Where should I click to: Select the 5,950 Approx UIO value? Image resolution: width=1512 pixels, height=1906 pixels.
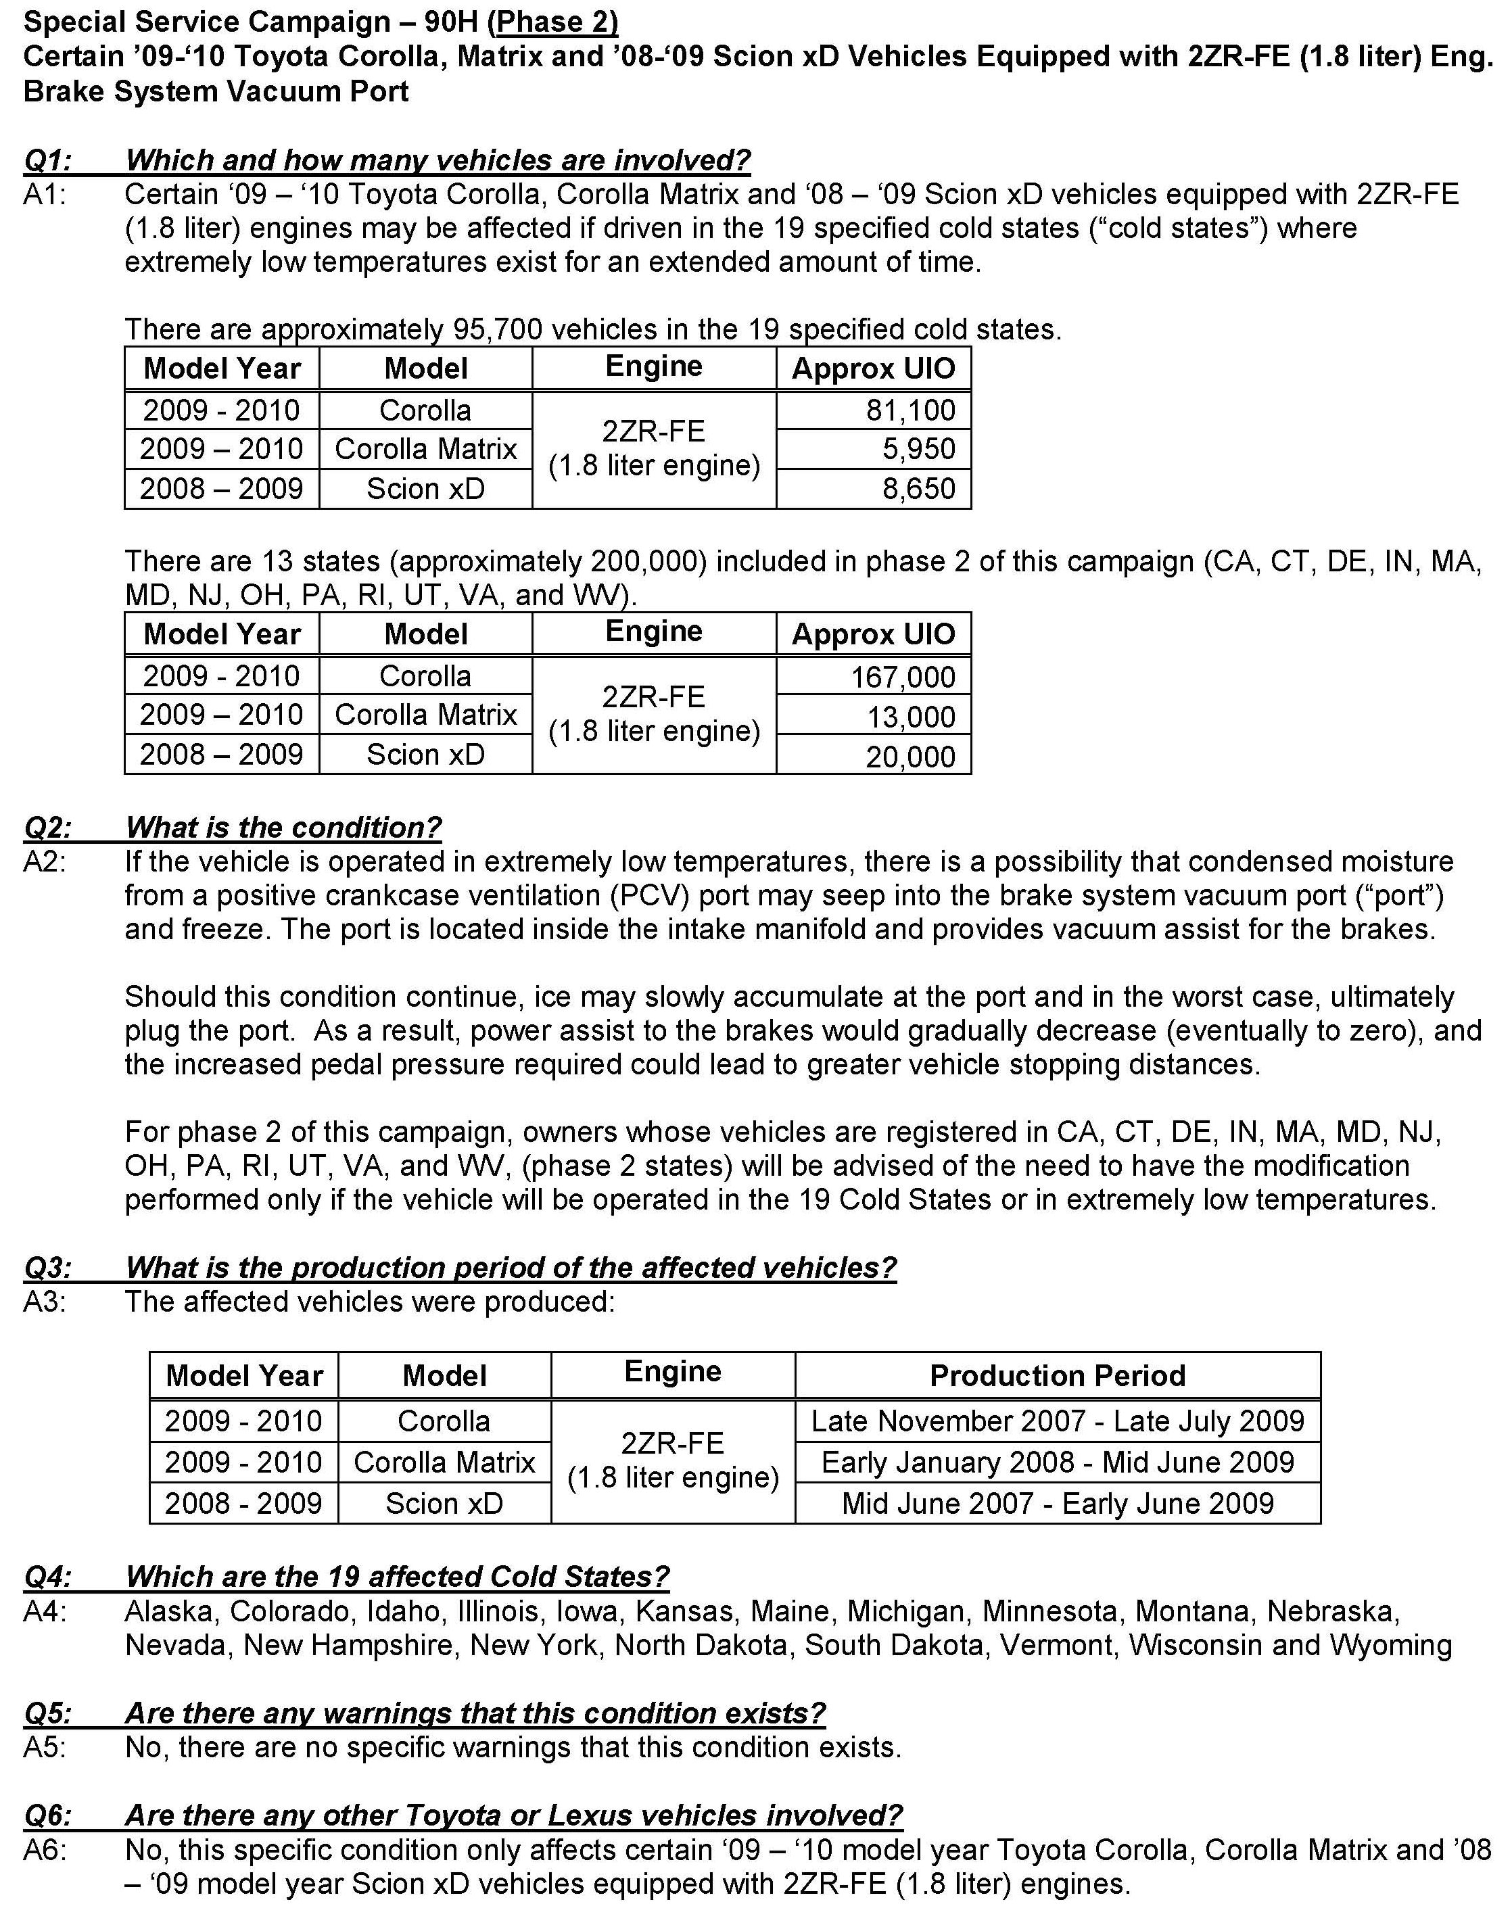click(918, 449)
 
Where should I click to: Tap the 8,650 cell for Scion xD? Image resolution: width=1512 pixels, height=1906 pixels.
click(918, 489)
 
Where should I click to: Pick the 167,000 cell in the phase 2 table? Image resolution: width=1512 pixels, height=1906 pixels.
click(902, 677)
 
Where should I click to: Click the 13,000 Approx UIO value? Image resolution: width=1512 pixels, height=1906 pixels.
click(910, 717)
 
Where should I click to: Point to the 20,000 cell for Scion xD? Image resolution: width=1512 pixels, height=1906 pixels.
click(910, 757)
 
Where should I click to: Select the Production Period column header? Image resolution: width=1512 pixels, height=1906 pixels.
click(1057, 1375)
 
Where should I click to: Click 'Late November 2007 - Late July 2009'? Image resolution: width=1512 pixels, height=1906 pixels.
click(1057, 1421)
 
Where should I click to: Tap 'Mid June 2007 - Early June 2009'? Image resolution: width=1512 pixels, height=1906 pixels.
click(1057, 1503)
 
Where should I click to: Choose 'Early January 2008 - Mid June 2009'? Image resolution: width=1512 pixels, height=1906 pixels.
click(1057, 1462)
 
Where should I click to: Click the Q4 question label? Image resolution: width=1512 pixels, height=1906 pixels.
click(48, 1577)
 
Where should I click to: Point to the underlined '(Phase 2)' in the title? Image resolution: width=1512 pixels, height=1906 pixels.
click(552, 22)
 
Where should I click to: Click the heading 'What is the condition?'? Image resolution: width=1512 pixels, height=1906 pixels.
click(283, 828)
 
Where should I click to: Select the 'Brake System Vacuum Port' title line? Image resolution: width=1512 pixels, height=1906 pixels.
click(216, 92)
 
